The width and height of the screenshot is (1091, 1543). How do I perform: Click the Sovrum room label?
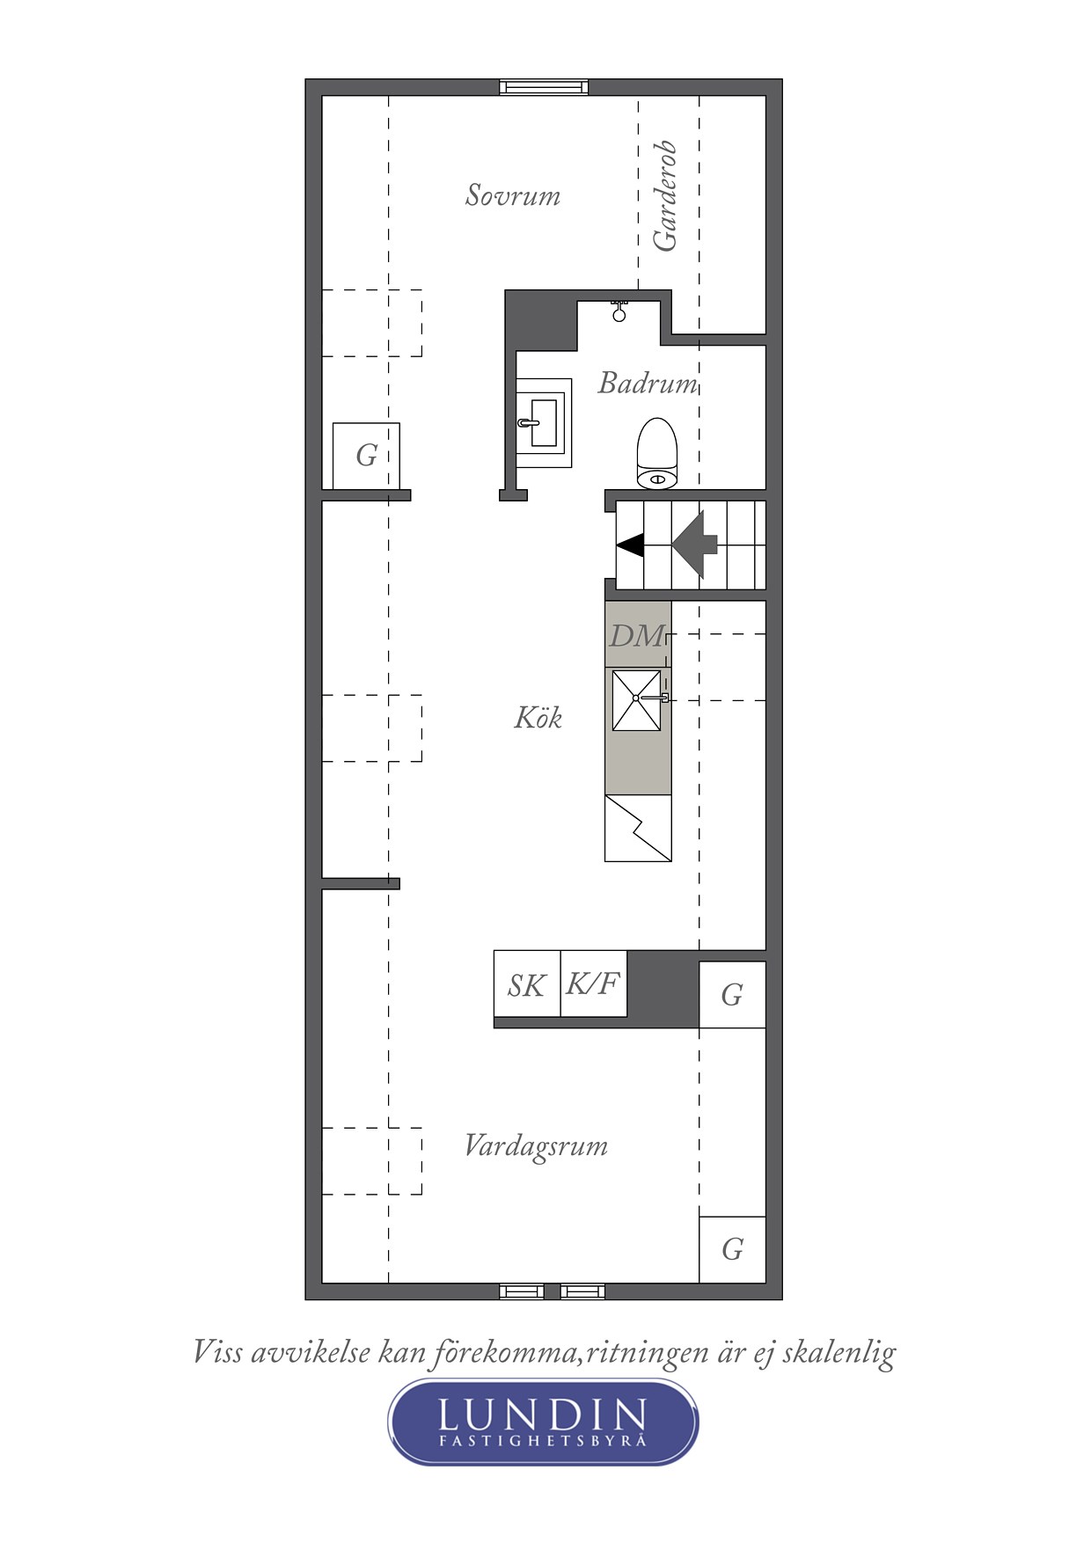pyautogui.click(x=512, y=195)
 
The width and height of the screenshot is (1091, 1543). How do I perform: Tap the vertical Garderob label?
pyautogui.click(x=665, y=195)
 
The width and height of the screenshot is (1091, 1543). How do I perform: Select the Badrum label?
pyautogui.click(x=648, y=384)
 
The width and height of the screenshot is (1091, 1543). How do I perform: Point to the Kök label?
pyautogui.click(x=538, y=718)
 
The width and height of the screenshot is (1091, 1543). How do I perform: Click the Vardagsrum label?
pyautogui.click(x=536, y=1146)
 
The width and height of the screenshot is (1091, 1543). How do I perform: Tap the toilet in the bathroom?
pyautogui.click(x=656, y=454)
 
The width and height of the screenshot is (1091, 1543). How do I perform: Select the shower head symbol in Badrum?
pyautogui.click(x=619, y=311)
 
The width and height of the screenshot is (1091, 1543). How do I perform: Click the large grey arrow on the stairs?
pyautogui.click(x=696, y=545)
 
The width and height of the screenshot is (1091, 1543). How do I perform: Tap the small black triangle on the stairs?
pyautogui.click(x=630, y=545)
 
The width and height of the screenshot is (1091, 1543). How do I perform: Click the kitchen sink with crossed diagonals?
pyautogui.click(x=636, y=699)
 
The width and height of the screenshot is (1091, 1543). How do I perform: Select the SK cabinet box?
pyautogui.click(x=526, y=984)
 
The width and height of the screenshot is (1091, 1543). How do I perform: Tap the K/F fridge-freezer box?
pyautogui.click(x=593, y=984)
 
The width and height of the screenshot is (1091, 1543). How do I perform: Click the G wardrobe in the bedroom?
pyautogui.click(x=366, y=456)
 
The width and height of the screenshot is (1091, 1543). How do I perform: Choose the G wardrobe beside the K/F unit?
pyautogui.click(x=732, y=995)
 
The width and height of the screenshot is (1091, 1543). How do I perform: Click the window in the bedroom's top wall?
pyautogui.click(x=543, y=86)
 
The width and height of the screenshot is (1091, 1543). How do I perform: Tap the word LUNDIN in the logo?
pyautogui.click(x=542, y=1415)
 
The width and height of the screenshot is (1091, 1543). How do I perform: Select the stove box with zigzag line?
pyautogui.click(x=638, y=829)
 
